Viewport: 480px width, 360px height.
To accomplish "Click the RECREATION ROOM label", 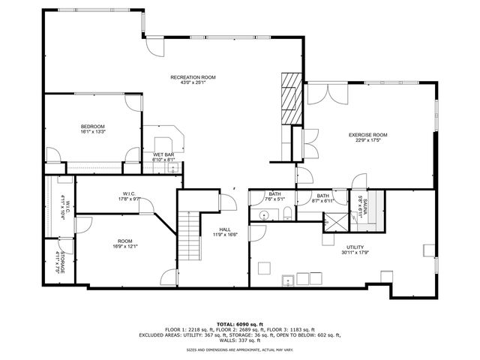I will point(193,77).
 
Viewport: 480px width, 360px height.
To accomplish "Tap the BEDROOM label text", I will point(93,126).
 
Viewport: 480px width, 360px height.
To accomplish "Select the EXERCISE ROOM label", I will point(367,135).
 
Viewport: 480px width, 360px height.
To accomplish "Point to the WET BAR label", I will point(163,155).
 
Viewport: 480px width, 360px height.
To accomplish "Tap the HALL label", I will point(225,229).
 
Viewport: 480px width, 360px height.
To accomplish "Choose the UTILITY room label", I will point(355,247).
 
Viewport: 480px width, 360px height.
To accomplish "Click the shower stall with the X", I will point(330,221).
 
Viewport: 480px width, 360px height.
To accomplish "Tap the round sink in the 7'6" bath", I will point(262,215).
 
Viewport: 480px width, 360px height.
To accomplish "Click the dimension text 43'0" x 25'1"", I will point(193,82).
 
